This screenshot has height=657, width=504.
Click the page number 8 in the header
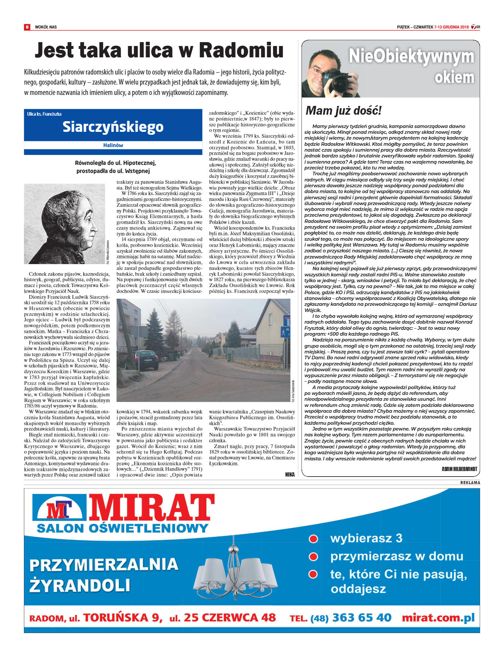click(27, 27)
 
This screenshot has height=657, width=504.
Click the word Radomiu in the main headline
click(241, 51)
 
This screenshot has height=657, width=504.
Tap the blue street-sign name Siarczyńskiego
click(113, 127)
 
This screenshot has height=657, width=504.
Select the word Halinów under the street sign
click(113, 145)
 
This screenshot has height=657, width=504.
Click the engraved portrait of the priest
click(64, 224)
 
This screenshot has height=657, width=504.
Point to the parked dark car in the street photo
click(145, 360)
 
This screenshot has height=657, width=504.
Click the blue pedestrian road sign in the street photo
click(285, 332)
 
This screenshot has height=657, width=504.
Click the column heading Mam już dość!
click(344, 111)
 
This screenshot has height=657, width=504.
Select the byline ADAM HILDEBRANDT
click(459, 469)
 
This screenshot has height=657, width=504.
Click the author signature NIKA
click(290, 474)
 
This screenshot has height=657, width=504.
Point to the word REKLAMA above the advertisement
click(470, 482)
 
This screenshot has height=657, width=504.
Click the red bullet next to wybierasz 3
click(313, 538)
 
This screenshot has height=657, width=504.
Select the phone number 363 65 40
click(362, 617)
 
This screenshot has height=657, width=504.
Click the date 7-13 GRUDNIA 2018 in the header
click(451, 27)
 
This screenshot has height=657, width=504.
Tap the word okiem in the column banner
click(454, 77)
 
